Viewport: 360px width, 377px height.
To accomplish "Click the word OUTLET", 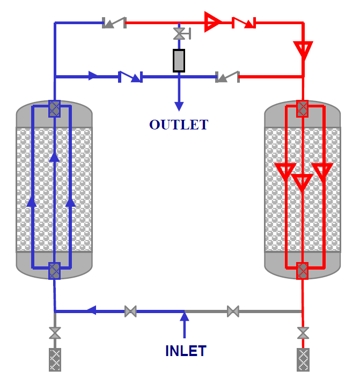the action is tap(179, 125).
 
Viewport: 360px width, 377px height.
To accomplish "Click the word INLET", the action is tap(186, 351).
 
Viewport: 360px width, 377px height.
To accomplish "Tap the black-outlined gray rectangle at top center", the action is tap(179, 61).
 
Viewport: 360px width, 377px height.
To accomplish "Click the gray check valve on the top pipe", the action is tap(114, 23).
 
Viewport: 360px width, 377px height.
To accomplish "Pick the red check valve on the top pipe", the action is tap(244, 23).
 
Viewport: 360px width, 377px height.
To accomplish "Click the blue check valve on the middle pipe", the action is tap(130, 77).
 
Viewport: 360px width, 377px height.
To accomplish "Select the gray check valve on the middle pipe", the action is tap(227, 77).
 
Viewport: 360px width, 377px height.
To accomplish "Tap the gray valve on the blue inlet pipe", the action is tap(131, 311).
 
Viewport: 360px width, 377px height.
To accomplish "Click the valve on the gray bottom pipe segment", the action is tap(233, 311).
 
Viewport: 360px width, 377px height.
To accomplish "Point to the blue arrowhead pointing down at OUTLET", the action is tap(179, 106).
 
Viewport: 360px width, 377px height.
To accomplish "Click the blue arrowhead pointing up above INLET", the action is tap(185, 316).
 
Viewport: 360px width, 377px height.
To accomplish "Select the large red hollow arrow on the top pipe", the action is tap(212, 21).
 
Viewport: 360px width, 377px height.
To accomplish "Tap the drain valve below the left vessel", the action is tap(55, 333).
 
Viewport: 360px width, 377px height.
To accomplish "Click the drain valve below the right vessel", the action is tap(303, 333).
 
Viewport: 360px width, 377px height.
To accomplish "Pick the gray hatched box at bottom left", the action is tap(55, 360).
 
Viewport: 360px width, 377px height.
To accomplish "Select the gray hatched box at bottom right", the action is tap(303, 360).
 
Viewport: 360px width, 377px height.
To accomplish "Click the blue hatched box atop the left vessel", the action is tap(55, 109).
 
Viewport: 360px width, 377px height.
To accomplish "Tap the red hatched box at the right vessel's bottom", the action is tap(303, 271).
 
